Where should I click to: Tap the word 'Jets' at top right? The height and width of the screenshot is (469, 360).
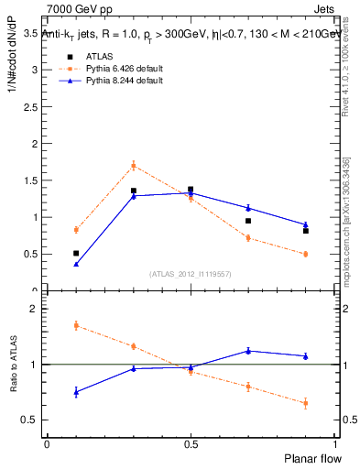[325, 8]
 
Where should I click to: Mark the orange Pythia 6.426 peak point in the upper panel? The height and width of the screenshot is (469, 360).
[134, 166]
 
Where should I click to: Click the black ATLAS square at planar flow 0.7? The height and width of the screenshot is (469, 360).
[248, 221]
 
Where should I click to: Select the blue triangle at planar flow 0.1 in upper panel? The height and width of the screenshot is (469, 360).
[76, 264]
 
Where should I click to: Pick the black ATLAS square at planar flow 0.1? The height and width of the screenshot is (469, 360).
[76, 253]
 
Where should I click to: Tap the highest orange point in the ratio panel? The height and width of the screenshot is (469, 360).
[76, 325]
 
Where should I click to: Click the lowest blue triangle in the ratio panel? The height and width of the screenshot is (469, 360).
[76, 392]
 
